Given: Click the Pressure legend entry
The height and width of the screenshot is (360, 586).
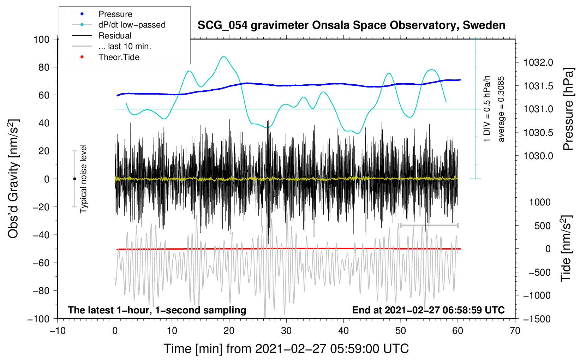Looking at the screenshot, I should (x=115, y=14).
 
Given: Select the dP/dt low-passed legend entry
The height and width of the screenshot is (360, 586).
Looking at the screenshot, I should (x=132, y=25).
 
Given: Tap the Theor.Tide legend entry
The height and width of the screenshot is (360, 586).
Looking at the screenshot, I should (x=119, y=57).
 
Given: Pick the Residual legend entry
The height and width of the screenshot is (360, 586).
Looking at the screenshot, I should (x=115, y=36).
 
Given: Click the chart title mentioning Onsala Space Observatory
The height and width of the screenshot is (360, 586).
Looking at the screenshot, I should (x=351, y=25).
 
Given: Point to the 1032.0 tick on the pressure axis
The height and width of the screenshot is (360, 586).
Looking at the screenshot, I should (x=538, y=63).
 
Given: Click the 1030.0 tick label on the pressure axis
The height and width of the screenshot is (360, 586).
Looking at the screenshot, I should (x=538, y=156).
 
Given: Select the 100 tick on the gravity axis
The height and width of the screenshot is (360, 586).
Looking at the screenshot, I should (x=41, y=39).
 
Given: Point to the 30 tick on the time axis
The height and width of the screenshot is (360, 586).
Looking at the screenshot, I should (x=286, y=331).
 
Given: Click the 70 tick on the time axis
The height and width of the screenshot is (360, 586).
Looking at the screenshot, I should (x=515, y=331).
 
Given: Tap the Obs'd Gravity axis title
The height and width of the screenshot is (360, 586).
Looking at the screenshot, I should (x=13, y=179).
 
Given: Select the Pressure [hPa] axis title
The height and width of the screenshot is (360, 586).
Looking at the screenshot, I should (x=568, y=109).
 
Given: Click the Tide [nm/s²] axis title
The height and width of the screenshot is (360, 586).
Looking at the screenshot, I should (x=566, y=248).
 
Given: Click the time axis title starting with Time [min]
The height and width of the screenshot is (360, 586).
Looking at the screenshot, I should (x=286, y=349).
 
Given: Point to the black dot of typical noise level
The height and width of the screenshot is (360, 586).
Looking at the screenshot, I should (x=74, y=179).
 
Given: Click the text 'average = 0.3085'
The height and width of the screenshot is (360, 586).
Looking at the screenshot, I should (x=501, y=109).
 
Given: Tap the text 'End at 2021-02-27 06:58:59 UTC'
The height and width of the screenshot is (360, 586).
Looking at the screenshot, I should (x=428, y=310).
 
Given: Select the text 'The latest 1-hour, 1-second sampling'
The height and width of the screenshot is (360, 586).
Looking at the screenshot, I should (x=157, y=310).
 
